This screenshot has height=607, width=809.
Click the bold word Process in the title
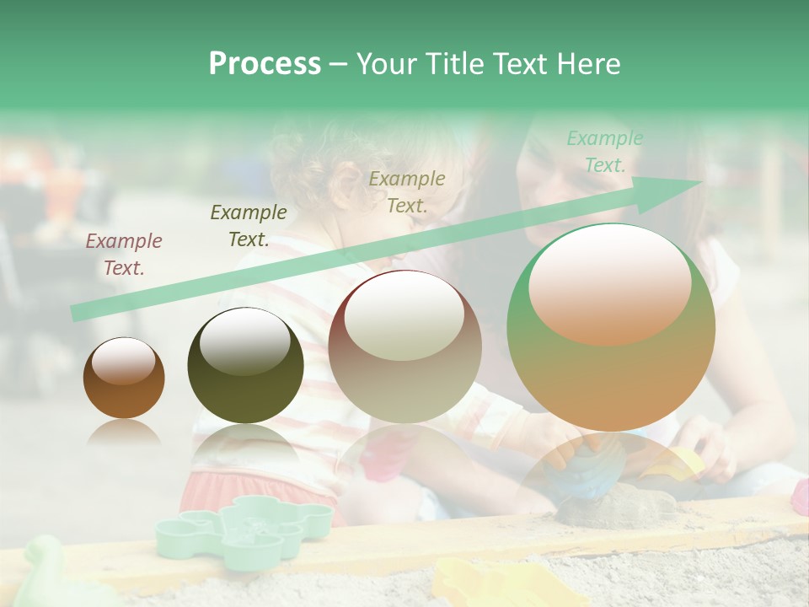pos(265,64)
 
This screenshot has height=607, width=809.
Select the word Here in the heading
pos(587,64)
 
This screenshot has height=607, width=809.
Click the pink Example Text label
pos(124,255)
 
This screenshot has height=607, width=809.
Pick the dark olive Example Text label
pos(249,226)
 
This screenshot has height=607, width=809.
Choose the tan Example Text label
pos(407,192)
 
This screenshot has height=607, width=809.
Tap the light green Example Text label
pos(604,152)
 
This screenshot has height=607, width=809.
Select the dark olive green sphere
pos(245,367)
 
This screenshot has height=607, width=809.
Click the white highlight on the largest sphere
pos(609,285)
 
